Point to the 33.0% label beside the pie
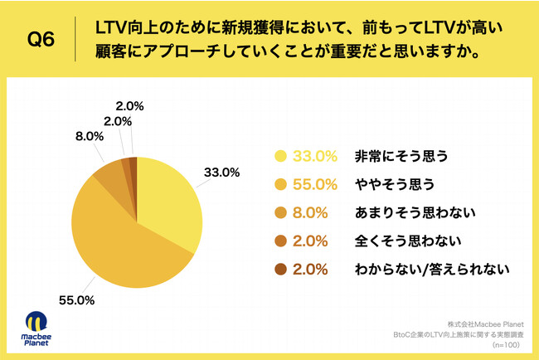click(x=221, y=173)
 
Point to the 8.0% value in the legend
click(x=315, y=212)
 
